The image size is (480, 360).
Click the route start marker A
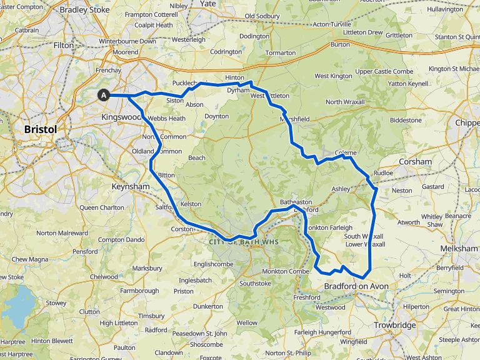click(104, 95)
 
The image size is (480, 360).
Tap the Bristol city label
click(40, 129)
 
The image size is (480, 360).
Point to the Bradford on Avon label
click(356, 286)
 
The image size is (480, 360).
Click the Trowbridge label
click(394, 325)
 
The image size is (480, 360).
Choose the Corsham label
click(415, 161)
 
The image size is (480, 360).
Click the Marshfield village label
click(296, 119)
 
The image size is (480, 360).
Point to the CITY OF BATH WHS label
click(241, 242)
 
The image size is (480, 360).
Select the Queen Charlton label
click(102, 207)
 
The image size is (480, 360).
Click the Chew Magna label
click(29, 259)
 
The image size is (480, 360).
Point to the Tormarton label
click(280, 52)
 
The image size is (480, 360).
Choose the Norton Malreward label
click(62, 233)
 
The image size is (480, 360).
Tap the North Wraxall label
click(345, 101)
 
